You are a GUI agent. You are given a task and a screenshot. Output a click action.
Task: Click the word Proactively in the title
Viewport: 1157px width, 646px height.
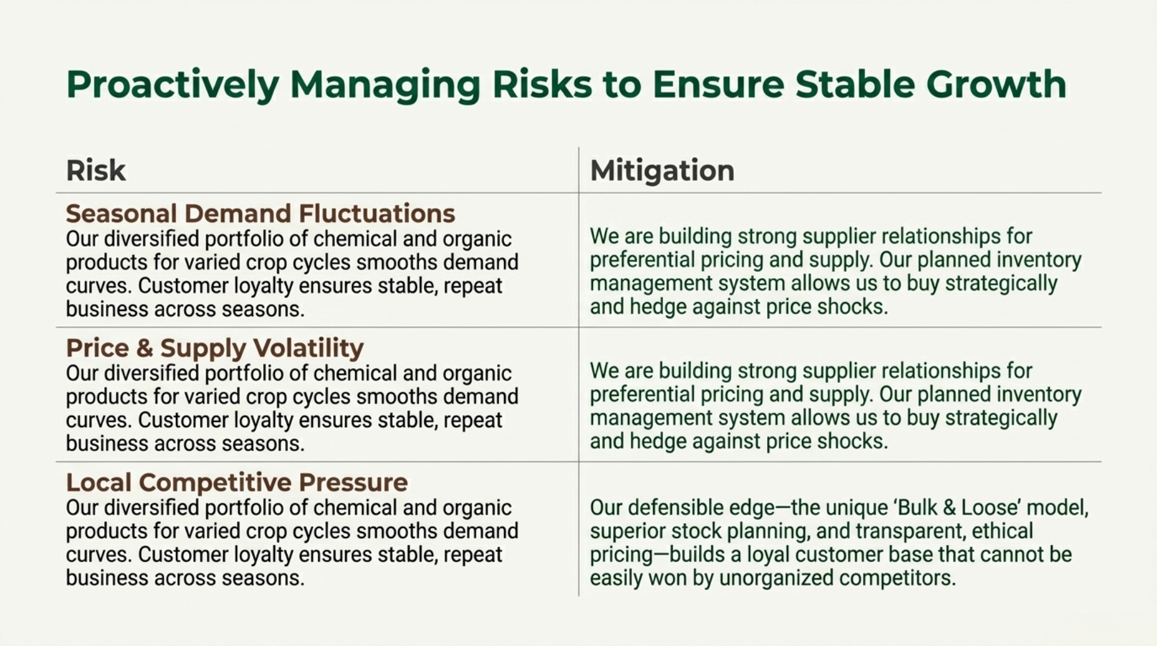pyautogui.click(x=172, y=85)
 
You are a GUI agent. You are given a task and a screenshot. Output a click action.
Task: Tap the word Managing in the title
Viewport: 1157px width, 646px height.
pyautogui.click(x=385, y=85)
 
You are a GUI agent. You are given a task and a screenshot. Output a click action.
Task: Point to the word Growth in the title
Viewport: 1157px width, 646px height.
pyautogui.click(x=996, y=84)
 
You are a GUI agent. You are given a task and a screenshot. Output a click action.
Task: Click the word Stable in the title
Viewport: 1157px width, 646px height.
pyautogui.click(x=855, y=84)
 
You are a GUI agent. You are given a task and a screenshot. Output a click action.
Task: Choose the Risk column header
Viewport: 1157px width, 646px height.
pyautogui.click(x=96, y=170)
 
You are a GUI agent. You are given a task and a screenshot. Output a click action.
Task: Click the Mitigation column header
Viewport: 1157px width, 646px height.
pyautogui.click(x=662, y=170)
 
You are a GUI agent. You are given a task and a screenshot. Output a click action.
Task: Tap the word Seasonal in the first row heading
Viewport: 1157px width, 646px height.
pyautogui.click(x=120, y=214)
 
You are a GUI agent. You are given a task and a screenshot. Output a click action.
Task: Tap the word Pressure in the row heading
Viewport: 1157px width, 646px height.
pyautogui.click(x=353, y=483)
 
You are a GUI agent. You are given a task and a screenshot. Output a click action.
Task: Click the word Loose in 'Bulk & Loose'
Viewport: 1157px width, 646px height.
pyautogui.click(x=989, y=508)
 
